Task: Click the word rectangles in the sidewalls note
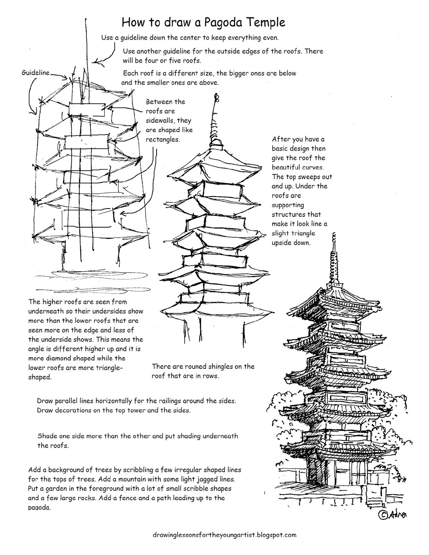click(163, 139)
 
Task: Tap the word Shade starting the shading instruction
click(47, 436)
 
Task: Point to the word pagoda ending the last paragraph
click(39, 507)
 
